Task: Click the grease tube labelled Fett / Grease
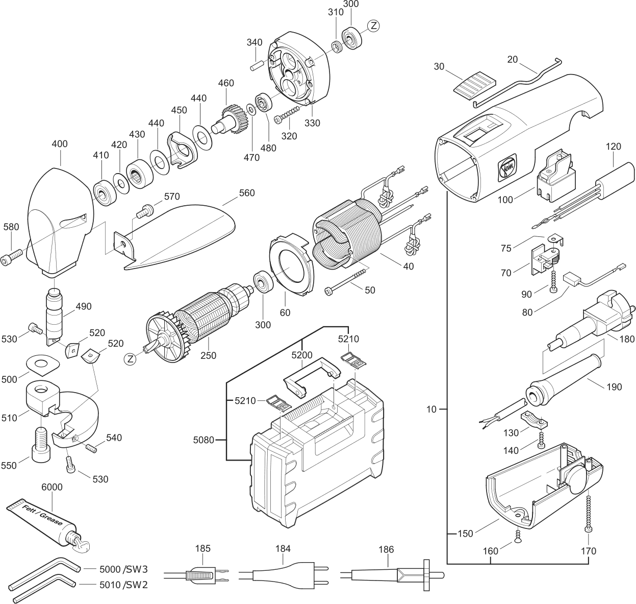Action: coord(43,521)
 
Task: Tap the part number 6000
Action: coord(52,487)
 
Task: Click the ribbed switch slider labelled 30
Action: coord(474,83)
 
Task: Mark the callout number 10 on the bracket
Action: coord(431,409)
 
